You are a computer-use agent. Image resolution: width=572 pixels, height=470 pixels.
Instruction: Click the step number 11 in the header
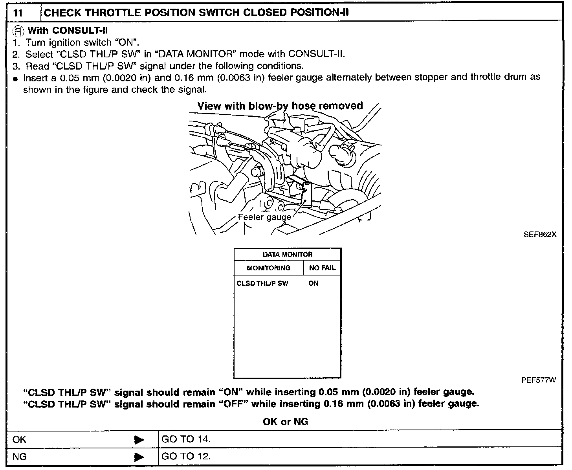click(18, 13)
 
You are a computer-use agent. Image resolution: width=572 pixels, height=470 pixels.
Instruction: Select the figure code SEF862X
click(540, 235)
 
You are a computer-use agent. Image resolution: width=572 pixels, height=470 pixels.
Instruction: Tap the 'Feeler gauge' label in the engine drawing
click(264, 217)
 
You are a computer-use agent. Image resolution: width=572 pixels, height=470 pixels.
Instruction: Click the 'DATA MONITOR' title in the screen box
click(288, 255)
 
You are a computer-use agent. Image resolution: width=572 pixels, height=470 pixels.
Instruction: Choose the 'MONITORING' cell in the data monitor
click(268, 268)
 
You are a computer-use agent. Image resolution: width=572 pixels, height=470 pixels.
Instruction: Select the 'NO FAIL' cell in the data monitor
click(322, 268)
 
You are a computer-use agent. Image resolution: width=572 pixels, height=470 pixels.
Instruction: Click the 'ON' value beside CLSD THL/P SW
click(313, 283)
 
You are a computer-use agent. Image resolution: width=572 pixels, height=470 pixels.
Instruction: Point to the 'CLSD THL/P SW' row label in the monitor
click(262, 283)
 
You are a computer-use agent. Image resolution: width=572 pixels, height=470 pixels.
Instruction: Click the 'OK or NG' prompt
click(285, 422)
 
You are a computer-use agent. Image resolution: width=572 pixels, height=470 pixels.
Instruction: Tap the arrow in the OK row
click(139, 440)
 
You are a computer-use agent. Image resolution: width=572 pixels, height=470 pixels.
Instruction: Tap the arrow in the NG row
click(139, 457)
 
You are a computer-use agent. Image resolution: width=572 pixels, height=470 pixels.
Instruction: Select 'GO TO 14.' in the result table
click(186, 439)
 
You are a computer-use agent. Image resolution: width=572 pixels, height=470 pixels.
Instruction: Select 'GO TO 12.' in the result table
click(186, 457)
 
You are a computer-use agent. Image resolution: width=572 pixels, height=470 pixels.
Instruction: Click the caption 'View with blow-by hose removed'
click(280, 106)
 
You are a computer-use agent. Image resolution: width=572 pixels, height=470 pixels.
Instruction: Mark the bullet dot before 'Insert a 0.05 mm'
click(15, 79)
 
